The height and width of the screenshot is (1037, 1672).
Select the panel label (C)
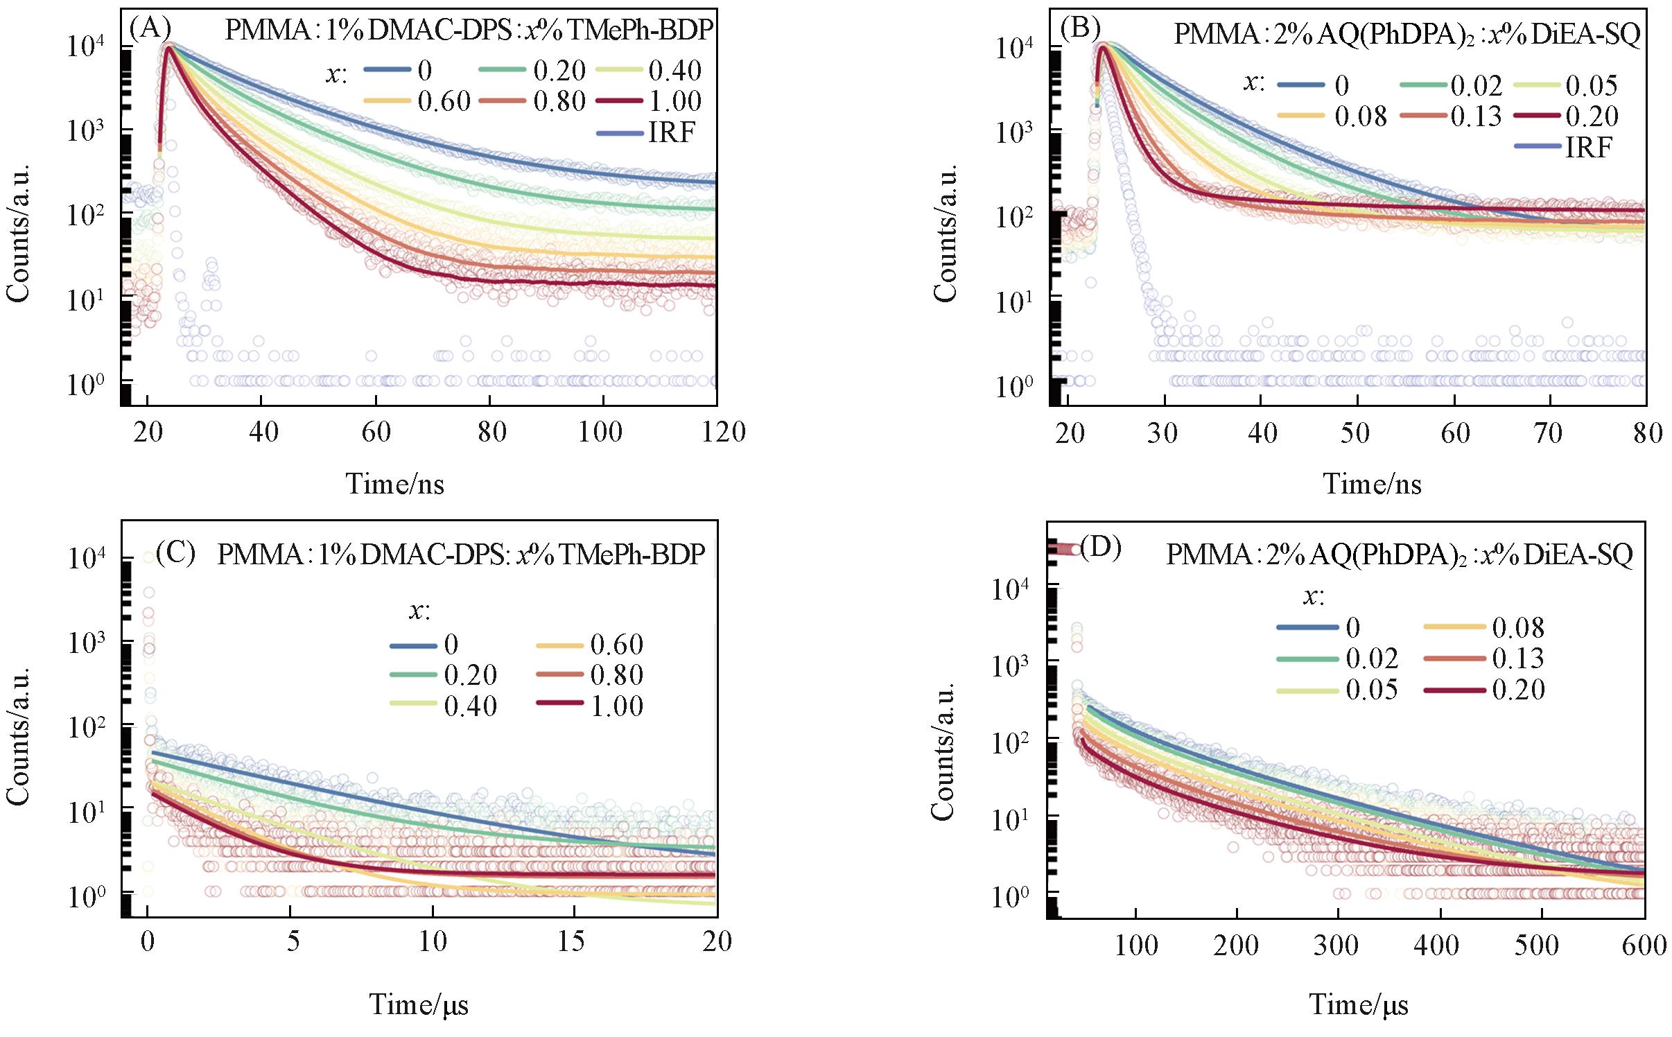(x=175, y=554)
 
